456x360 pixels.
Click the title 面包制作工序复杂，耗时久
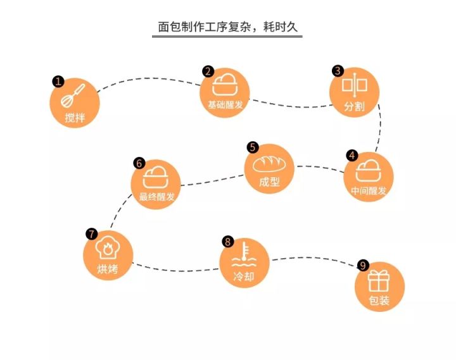(227, 27)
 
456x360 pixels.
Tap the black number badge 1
(58, 82)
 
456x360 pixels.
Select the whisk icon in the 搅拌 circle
(73, 96)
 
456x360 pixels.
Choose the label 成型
(270, 182)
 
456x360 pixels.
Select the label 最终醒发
(156, 196)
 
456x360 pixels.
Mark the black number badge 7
(91, 233)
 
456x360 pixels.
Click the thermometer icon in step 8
(244, 253)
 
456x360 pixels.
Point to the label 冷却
(244, 276)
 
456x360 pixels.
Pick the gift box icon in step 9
(379, 280)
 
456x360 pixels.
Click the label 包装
(379, 301)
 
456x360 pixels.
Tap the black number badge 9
(363, 265)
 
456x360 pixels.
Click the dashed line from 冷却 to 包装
(313, 258)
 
